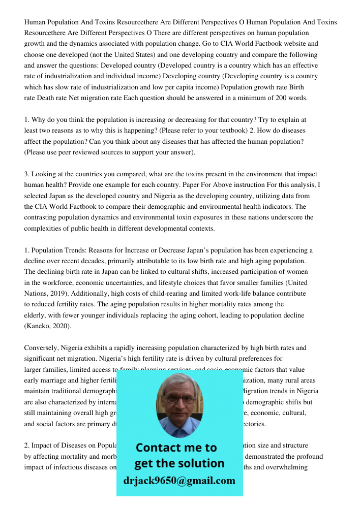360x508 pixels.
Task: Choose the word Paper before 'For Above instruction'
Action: pos(214,185)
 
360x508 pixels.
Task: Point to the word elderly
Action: pos(35,315)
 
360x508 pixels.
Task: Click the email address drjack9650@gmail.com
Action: pos(179,481)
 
